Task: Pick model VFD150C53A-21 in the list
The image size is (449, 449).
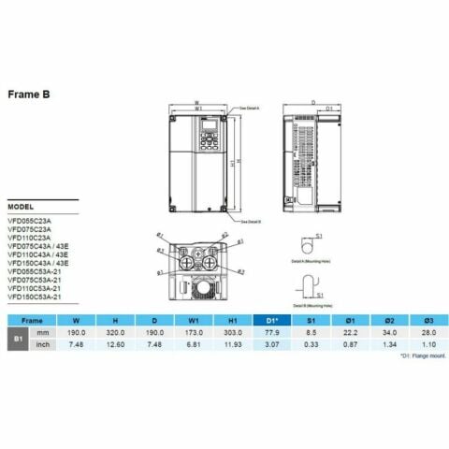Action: (36, 297)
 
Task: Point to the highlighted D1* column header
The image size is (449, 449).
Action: (272, 319)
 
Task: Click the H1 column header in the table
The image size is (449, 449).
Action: (230, 319)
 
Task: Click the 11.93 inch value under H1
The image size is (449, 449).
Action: (230, 344)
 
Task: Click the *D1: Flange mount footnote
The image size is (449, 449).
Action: (419, 356)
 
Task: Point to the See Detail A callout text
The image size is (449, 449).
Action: (250, 109)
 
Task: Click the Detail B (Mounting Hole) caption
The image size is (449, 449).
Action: (313, 305)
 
